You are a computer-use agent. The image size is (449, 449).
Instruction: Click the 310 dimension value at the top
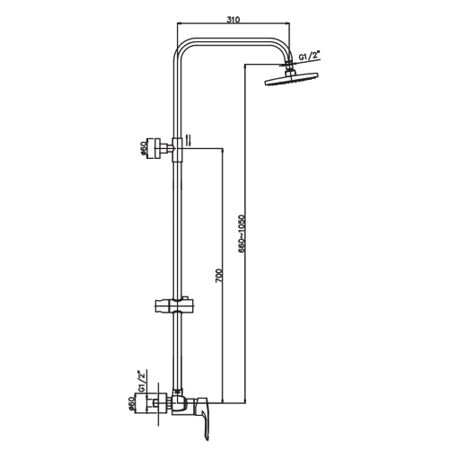[x=233, y=20]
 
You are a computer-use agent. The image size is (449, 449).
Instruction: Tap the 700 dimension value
[x=219, y=276]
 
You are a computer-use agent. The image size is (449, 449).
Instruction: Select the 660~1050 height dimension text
[x=242, y=233]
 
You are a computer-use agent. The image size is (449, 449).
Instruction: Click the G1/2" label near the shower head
[x=309, y=56]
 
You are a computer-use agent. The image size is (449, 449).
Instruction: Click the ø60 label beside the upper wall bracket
[x=144, y=148]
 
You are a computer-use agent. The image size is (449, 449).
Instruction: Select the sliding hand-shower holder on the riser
[x=173, y=306]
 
